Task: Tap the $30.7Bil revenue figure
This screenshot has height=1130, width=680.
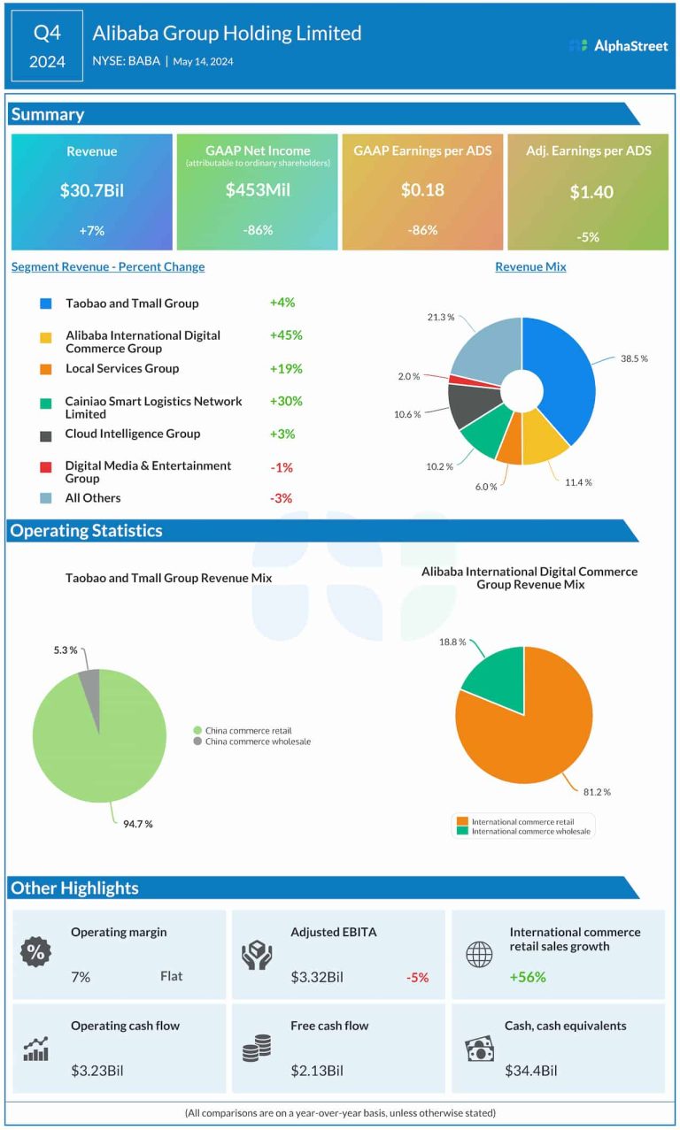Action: (x=92, y=190)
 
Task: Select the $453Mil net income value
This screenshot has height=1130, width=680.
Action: (x=258, y=189)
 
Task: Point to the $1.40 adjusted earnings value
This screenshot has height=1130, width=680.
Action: (x=591, y=192)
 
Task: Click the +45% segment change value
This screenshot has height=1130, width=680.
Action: (x=286, y=335)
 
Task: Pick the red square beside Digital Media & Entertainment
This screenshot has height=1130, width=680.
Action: (x=46, y=466)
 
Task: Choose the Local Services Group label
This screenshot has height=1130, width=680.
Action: (x=122, y=368)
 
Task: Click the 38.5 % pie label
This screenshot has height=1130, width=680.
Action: (x=633, y=359)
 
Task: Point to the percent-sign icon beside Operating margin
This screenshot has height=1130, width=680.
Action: (x=36, y=953)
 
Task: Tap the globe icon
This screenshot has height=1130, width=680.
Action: (x=479, y=954)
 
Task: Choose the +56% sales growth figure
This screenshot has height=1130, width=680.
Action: (x=528, y=977)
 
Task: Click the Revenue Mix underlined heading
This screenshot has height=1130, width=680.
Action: (x=530, y=267)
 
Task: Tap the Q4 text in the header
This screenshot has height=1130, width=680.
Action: (x=48, y=33)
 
